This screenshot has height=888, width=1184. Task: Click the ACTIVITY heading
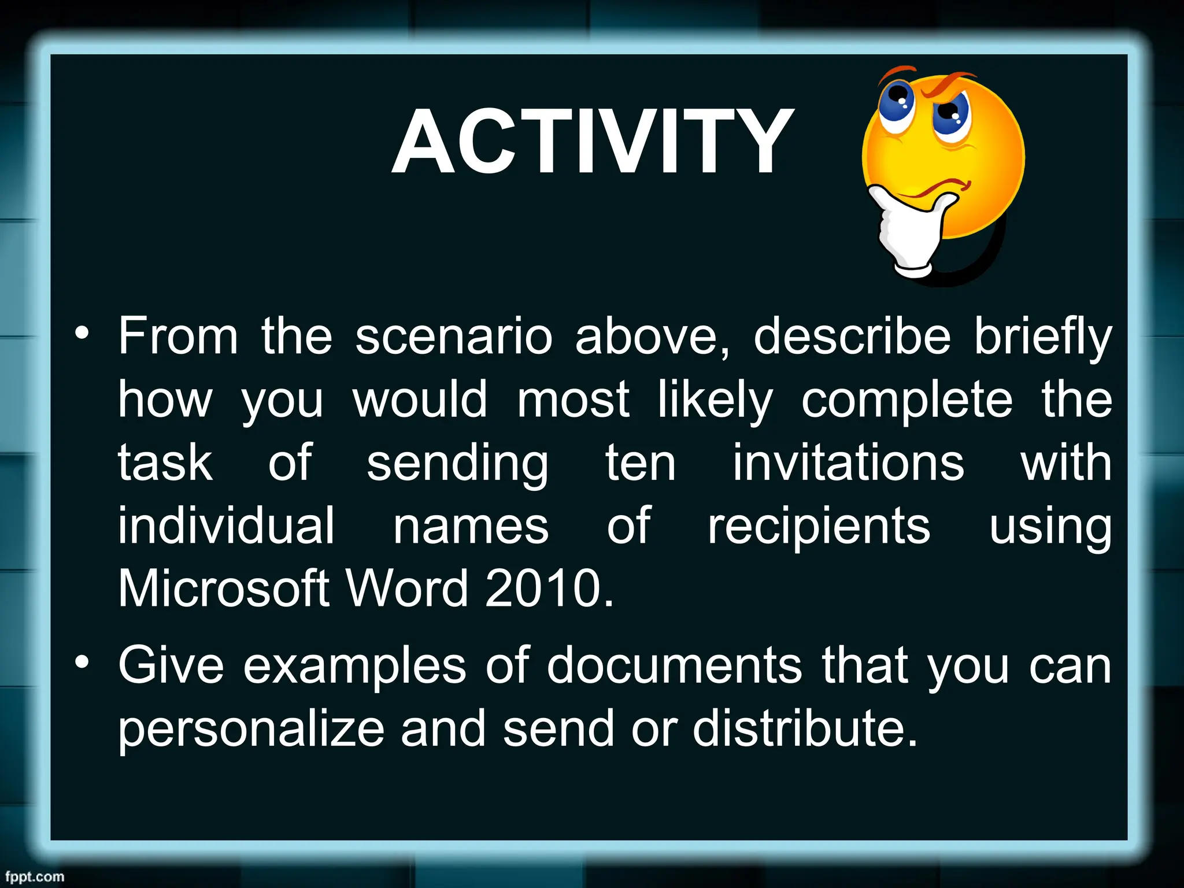click(592, 141)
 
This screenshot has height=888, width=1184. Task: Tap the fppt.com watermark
click(35, 876)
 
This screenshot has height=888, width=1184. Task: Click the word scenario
click(453, 336)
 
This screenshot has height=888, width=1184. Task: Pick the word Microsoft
click(224, 588)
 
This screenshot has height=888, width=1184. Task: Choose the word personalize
click(251, 730)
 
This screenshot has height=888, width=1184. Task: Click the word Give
click(171, 666)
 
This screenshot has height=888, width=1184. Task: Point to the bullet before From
click(82, 334)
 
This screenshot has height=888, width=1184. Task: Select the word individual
click(226, 526)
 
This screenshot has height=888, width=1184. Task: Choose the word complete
click(906, 401)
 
